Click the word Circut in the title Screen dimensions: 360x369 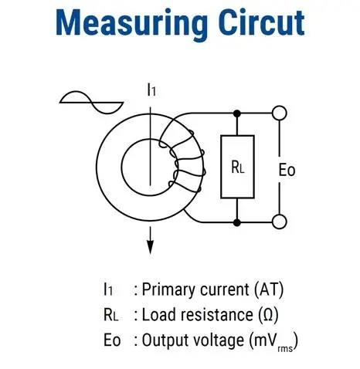[x=262, y=22]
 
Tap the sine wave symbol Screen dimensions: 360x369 [x=91, y=103]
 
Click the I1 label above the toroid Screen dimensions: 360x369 [x=151, y=90]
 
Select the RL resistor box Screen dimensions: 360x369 [x=237, y=167]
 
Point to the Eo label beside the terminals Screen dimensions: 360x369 [x=287, y=170]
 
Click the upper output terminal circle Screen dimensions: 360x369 [x=280, y=113]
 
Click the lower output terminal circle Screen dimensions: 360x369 [x=280, y=222]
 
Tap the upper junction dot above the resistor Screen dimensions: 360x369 [x=237, y=113]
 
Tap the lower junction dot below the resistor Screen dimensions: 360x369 [x=237, y=222]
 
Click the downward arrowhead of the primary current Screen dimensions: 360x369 [x=150, y=247]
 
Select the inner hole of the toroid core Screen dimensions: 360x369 [x=149, y=168]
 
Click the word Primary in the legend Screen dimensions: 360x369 [x=168, y=289]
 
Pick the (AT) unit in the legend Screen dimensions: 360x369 [x=269, y=289]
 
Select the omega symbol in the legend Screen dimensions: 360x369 [x=268, y=315]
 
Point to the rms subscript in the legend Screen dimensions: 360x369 [x=285, y=349]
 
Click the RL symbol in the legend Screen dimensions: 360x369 [x=110, y=315]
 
